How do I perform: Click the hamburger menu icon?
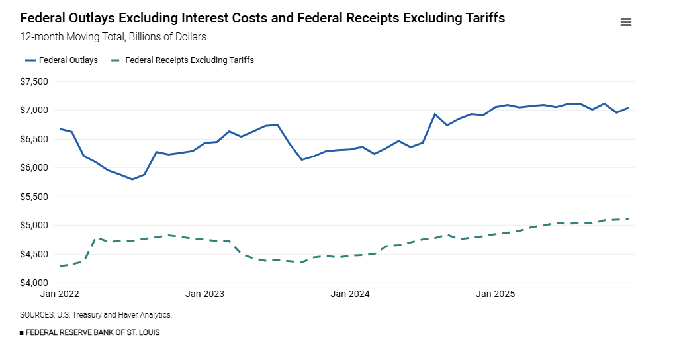tap(625, 22)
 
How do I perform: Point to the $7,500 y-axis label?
tap(34, 81)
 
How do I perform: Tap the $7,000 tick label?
tap(34, 110)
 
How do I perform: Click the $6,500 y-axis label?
tap(34, 139)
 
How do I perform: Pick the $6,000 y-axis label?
tap(34, 167)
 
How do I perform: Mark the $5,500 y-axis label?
tap(34, 197)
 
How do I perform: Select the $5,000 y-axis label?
tap(34, 225)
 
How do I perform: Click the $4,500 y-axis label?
tap(34, 254)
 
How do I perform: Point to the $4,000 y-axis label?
tap(34, 283)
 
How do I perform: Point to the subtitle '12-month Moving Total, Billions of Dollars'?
tap(113, 37)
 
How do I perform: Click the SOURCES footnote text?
tap(96, 315)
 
